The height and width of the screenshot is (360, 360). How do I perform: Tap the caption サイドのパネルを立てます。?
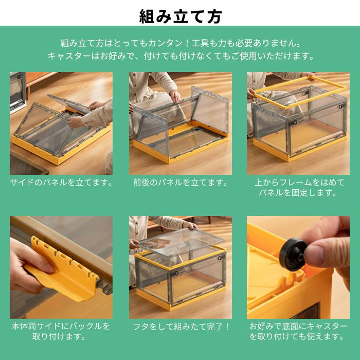(x=61, y=183)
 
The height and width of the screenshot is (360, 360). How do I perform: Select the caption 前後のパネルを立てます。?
(x=180, y=183)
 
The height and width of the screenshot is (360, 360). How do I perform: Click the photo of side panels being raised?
(x=61, y=123)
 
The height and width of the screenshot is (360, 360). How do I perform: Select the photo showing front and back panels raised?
(x=180, y=123)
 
